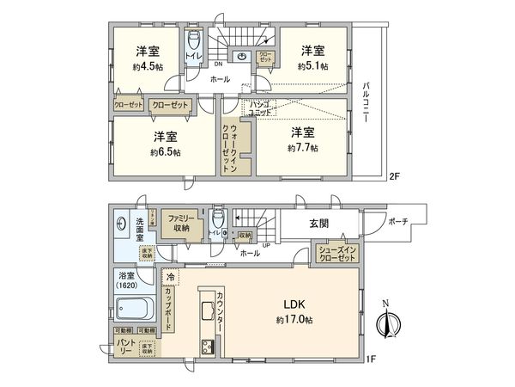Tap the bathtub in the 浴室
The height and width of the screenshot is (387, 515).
click(x=133, y=307)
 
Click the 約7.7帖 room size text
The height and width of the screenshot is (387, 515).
click(x=302, y=148)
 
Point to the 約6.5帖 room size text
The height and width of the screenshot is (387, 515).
click(x=166, y=151)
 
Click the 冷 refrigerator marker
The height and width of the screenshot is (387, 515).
click(x=170, y=279)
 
